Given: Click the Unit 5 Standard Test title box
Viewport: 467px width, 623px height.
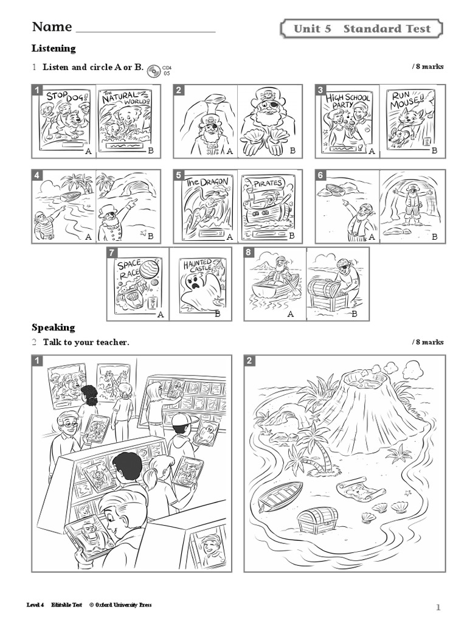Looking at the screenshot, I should (x=362, y=29).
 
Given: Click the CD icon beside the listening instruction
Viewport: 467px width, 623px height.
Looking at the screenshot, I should (x=153, y=71).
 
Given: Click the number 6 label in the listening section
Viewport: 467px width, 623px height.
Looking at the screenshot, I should (x=320, y=175).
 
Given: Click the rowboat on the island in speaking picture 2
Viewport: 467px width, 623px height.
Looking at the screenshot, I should (x=280, y=496).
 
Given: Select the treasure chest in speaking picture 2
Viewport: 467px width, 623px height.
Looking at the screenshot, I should (x=317, y=521).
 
